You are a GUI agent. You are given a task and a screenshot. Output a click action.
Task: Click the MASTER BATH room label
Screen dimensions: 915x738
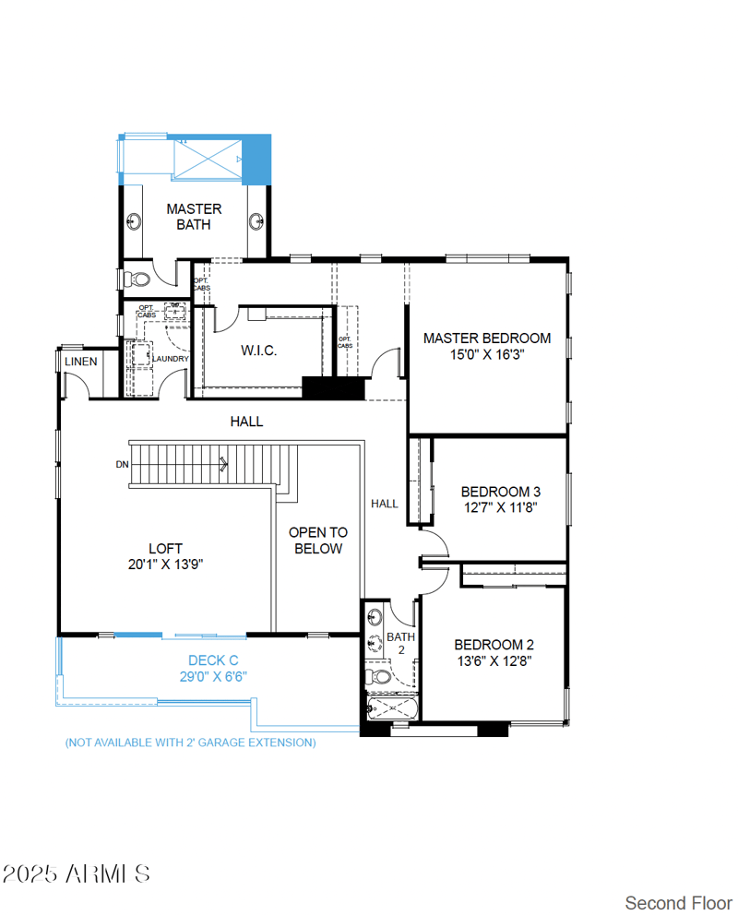coord(194,217)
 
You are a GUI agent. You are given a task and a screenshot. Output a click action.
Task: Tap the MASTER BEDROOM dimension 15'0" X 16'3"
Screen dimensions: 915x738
coord(487,354)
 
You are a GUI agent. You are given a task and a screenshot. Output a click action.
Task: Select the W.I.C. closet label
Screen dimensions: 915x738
coord(259,351)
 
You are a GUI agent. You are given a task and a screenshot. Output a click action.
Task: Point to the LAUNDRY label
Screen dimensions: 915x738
coord(171,359)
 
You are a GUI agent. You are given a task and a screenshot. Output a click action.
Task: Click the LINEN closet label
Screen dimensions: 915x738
coord(80,362)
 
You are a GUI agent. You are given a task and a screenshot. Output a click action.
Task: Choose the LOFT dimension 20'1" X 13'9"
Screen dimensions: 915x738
coord(165,564)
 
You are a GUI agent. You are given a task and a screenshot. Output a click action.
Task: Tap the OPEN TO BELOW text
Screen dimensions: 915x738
coord(318,541)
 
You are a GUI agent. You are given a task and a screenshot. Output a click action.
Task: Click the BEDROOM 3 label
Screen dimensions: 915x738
coord(501,492)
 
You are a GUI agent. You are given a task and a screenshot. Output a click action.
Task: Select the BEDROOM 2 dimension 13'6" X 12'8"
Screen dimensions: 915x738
coord(494,660)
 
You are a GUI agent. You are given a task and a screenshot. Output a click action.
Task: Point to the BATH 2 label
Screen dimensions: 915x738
coord(401,643)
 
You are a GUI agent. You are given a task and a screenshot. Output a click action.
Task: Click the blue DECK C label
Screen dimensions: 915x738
coord(213,660)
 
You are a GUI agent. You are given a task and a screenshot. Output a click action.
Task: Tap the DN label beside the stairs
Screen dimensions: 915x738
coord(122,465)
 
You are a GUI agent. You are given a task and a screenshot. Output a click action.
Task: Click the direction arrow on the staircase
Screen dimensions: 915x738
coord(222,465)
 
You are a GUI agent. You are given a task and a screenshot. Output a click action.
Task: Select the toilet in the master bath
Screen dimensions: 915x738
coord(136,277)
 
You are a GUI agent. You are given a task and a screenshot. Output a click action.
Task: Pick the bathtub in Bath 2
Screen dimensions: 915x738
coord(392,709)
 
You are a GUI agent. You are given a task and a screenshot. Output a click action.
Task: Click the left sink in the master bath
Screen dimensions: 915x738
coord(134,220)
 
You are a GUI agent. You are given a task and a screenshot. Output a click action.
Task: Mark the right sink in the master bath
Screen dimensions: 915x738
coord(257,220)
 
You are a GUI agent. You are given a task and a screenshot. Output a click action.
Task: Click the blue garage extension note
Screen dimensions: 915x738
coord(190,742)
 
